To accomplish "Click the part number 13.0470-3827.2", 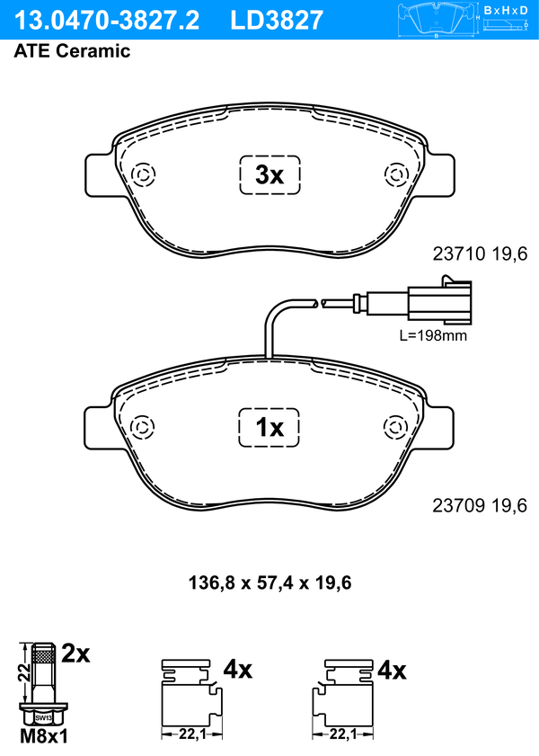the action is click(107, 21).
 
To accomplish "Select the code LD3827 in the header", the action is click(277, 21).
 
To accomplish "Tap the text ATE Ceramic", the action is click(72, 50).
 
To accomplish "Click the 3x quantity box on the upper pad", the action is click(269, 175).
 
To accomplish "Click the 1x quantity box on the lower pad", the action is click(269, 427).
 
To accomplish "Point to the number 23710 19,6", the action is click(480, 253).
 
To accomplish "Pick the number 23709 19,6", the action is click(480, 505).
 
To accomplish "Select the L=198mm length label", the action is click(433, 335).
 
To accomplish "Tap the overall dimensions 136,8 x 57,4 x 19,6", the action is click(269, 583).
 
